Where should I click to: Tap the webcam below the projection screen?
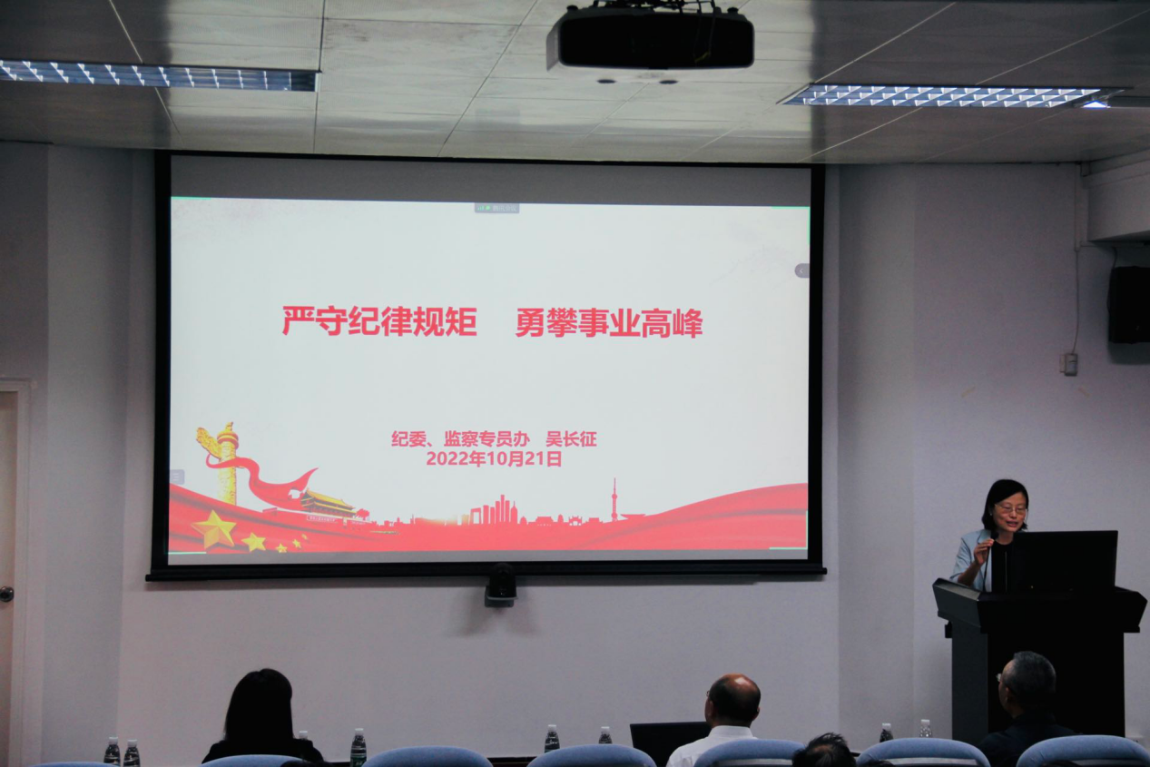(x=500, y=585)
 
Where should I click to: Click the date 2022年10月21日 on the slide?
(x=494, y=458)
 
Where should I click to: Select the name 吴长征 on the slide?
(x=571, y=439)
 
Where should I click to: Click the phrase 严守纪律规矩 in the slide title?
(x=379, y=321)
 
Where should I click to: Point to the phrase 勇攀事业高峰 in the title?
(x=609, y=323)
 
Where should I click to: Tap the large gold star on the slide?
(x=214, y=530)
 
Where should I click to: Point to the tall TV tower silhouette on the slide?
(x=614, y=499)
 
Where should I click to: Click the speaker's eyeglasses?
(x=1011, y=509)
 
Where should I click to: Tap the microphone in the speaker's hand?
(x=988, y=561)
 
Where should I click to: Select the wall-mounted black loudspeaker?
(x=1128, y=304)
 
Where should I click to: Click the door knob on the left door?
(x=6, y=594)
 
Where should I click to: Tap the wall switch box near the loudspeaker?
(x=1070, y=364)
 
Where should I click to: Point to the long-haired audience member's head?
(x=260, y=706)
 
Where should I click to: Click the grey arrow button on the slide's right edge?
(x=801, y=270)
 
